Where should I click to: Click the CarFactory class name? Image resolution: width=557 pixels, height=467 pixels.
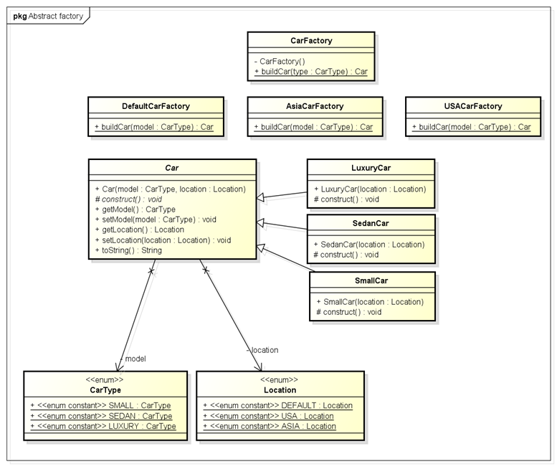(x=310, y=42)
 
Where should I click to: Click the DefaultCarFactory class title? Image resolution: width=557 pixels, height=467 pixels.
(x=156, y=106)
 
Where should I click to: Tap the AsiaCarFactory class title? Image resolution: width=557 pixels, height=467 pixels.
(x=313, y=106)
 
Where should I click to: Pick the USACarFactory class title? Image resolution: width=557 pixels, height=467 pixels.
(x=472, y=106)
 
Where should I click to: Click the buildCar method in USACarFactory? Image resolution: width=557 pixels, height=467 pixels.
(x=472, y=127)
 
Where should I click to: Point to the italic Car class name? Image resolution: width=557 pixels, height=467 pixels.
(x=172, y=168)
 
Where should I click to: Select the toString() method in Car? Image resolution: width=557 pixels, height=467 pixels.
(x=128, y=250)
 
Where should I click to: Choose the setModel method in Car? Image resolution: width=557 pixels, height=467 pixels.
(x=155, y=220)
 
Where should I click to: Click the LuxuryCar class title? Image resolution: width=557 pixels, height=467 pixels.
(x=371, y=168)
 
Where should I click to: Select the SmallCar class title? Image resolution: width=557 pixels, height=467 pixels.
(x=371, y=280)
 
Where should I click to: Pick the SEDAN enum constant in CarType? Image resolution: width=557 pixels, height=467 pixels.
(x=101, y=416)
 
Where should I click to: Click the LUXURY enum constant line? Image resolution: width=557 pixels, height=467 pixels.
(x=103, y=426)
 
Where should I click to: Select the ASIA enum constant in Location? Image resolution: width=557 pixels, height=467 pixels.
(x=270, y=426)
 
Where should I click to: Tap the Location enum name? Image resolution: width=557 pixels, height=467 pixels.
(x=280, y=390)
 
